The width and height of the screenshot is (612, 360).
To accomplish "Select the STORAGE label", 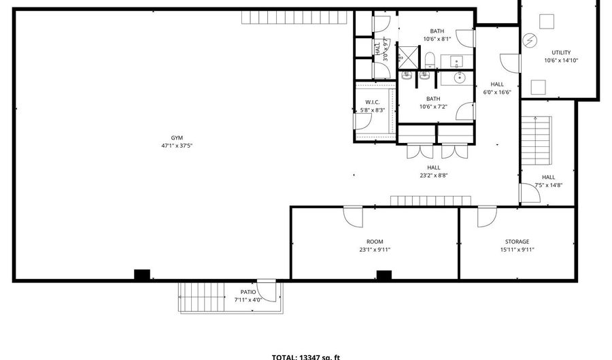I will (x=517, y=242).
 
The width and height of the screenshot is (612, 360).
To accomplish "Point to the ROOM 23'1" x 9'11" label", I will (x=375, y=246).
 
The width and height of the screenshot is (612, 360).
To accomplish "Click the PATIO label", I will (x=248, y=292).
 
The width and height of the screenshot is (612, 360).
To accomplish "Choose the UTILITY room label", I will (x=561, y=52).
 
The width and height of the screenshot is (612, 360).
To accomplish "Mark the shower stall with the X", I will (x=408, y=55).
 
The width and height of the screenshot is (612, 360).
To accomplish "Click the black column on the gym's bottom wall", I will (x=141, y=275).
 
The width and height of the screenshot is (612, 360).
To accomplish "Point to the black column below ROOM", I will (x=384, y=275).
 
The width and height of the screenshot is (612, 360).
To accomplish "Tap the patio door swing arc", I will (x=271, y=291).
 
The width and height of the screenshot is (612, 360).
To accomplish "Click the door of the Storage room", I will (x=487, y=216).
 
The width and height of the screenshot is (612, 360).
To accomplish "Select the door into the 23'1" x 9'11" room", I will (x=354, y=216).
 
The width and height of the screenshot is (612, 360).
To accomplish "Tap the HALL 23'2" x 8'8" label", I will (x=434, y=171).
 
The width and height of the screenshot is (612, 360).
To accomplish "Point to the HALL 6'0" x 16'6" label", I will (x=497, y=88).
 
